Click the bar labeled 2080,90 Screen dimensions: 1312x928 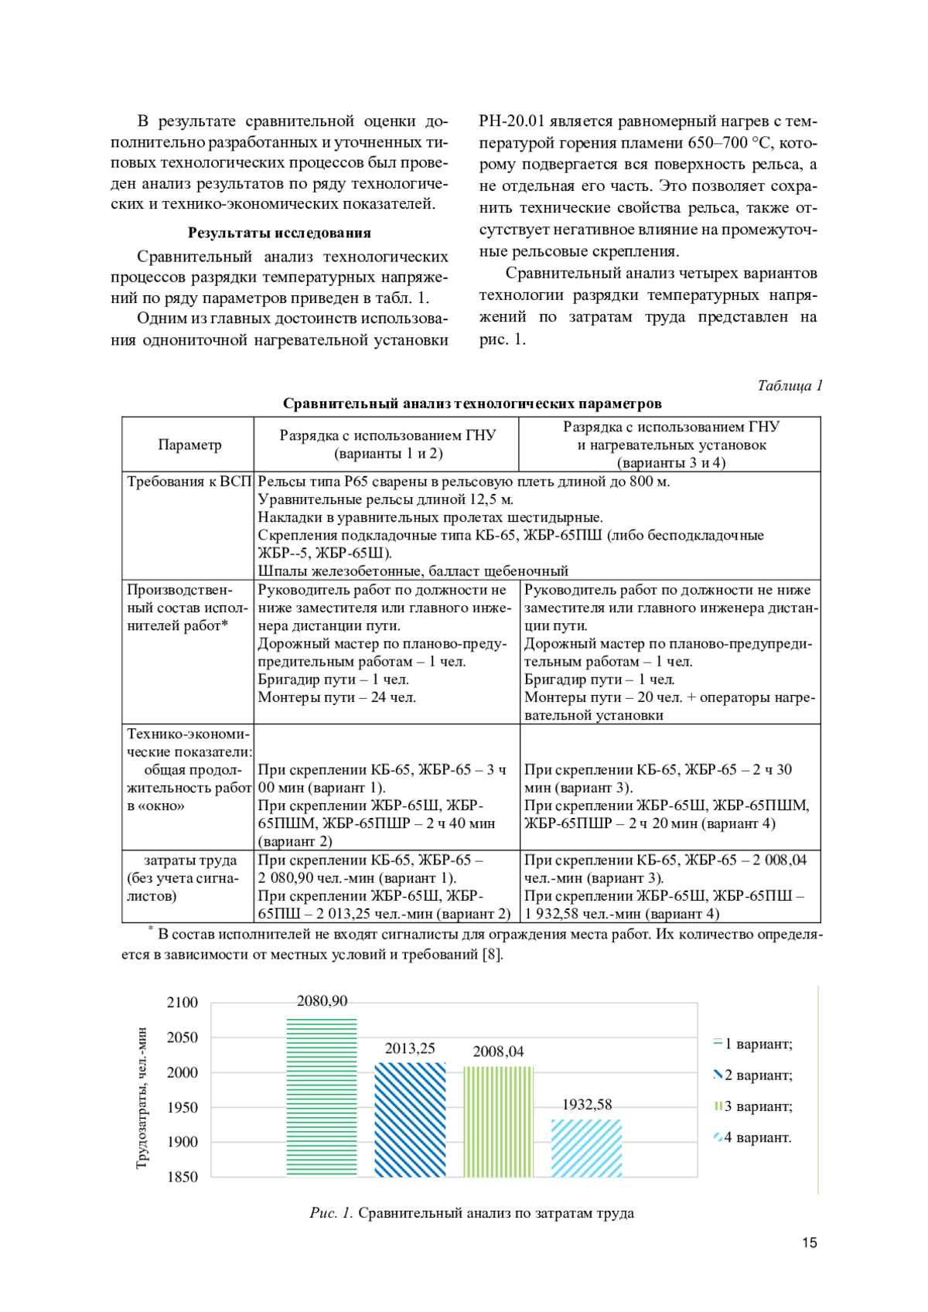point(322,1098)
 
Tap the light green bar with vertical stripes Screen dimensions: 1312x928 point(499,1122)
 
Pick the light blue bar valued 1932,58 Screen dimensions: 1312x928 point(587,1148)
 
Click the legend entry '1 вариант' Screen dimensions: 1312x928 point(753,1044)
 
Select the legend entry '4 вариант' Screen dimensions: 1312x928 point(753,1138)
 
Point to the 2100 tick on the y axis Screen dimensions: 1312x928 point(183,1003)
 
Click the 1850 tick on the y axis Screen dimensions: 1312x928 point(183,1177)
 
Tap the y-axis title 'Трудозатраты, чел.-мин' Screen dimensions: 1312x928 point(142,1098)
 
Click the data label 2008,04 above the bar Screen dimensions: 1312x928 point(498,1051)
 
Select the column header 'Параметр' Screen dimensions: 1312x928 point(189,445)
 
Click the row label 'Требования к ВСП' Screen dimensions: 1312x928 point(189,482)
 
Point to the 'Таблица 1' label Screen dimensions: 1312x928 point(790,386)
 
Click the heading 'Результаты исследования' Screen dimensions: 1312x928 point(279,233)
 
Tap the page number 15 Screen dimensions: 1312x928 point(809,1243)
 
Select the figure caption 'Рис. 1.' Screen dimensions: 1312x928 point(331,1213)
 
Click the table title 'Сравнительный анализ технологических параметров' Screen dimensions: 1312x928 point(472,404)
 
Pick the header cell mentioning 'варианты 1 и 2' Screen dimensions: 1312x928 point(387,445)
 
